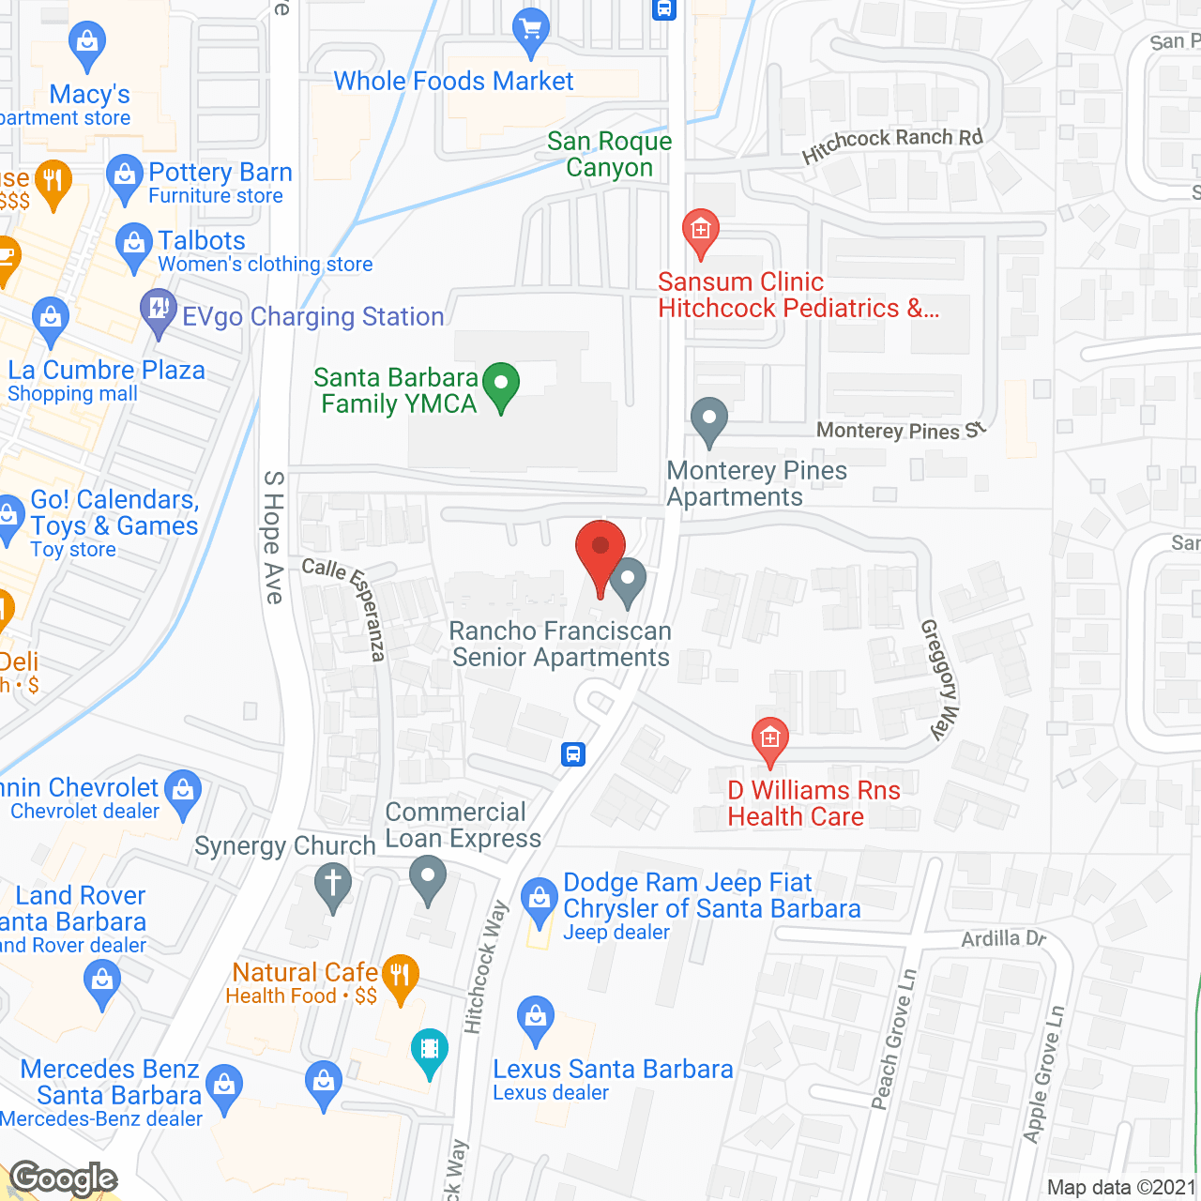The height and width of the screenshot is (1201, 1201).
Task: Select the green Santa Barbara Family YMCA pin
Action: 501,385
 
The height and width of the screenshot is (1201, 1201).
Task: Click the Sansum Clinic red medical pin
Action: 700,232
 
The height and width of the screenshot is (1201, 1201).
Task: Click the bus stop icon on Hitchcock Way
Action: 573,753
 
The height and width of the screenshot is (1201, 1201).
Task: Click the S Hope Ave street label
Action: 273,537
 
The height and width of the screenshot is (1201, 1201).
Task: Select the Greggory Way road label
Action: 940,679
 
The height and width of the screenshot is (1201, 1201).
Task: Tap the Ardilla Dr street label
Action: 1003,938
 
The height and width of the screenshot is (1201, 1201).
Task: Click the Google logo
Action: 64,1178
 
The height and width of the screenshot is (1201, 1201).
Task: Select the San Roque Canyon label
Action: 610,154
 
